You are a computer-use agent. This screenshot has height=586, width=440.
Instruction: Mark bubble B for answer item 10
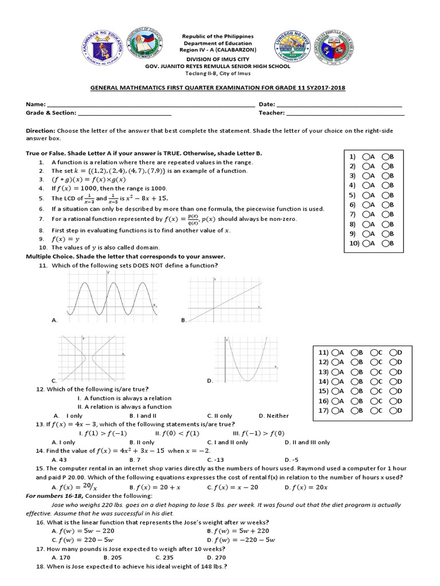click(x=386, y=244)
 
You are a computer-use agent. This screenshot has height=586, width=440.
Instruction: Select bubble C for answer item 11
click(x=374, y=353)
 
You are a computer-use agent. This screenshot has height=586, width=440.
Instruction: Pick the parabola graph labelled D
click(x=246, y=359)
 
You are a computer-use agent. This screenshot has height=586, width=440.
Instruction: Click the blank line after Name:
click(x=150, y=105)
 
